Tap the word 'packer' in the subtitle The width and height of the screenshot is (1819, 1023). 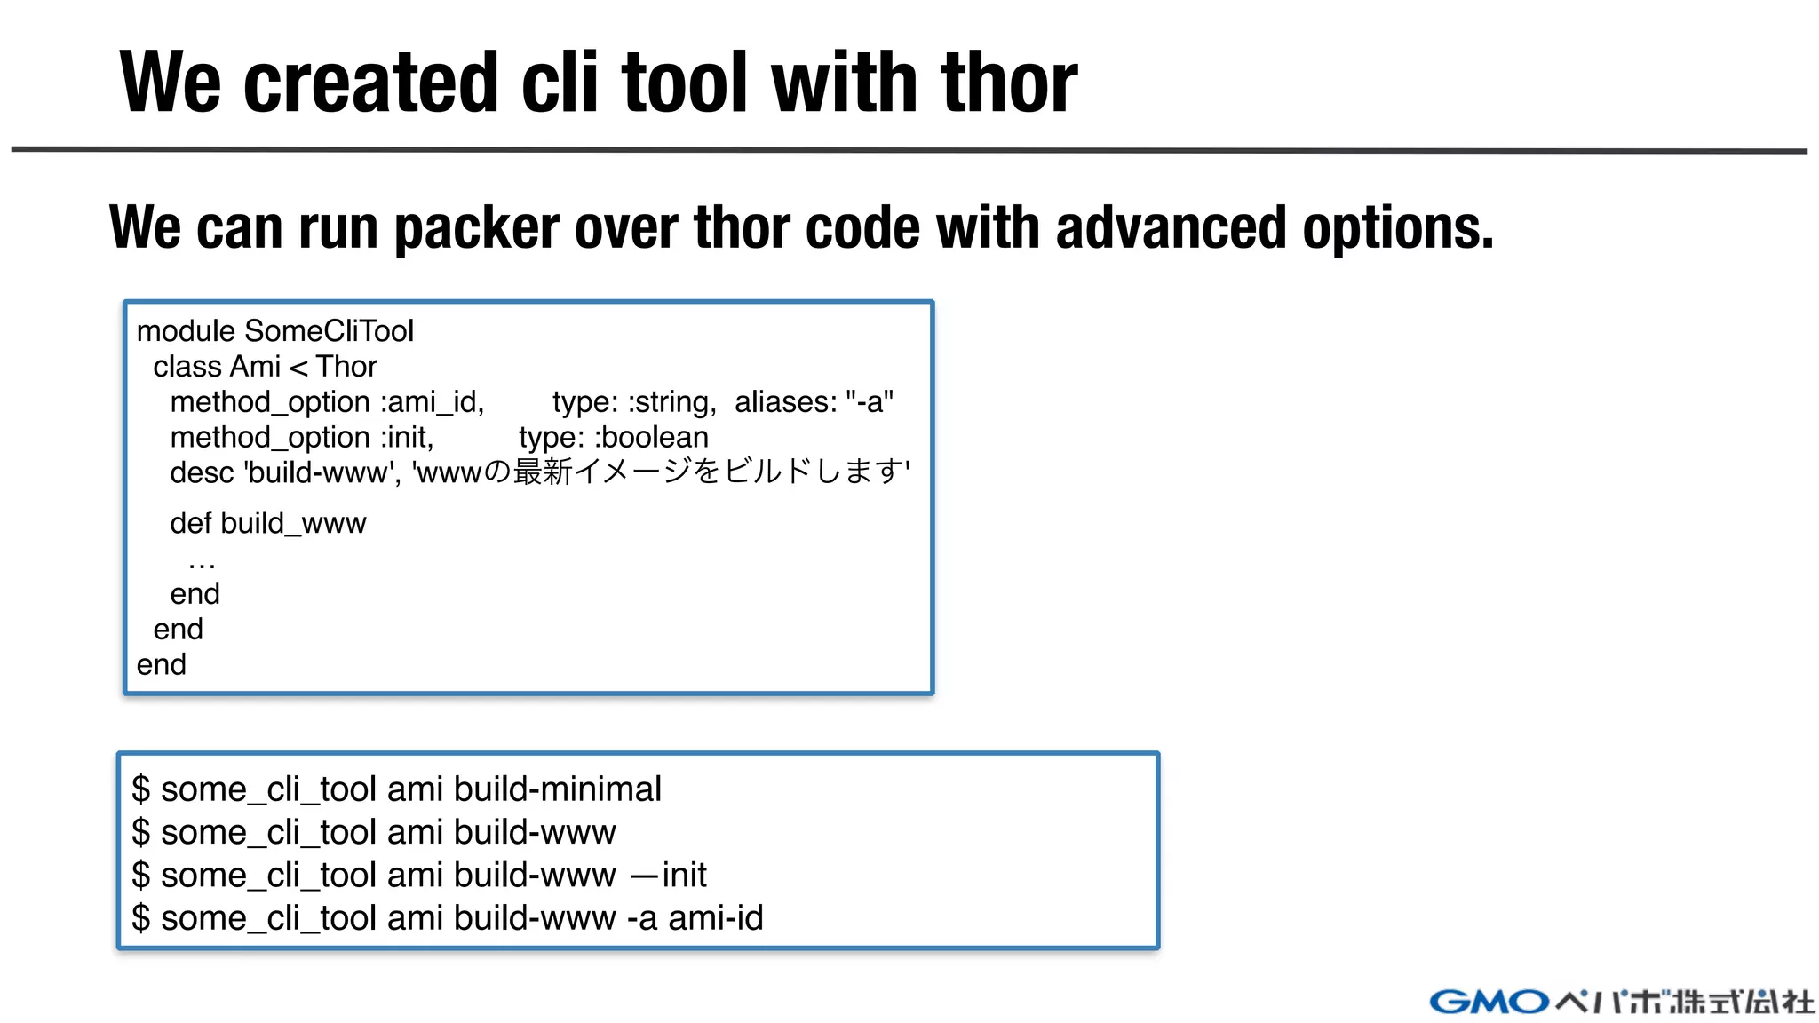[x=476, y=228]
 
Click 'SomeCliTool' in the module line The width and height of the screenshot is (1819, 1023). [x=329, y=331]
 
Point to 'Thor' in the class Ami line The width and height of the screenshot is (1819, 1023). [x=346, y=367]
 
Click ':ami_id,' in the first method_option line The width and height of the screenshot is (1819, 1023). [x=433, y=402]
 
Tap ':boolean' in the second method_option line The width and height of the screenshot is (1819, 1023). [x=651, y=438]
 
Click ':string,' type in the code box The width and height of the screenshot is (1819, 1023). [x=672, y=402]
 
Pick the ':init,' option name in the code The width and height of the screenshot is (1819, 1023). [x=407, y=438]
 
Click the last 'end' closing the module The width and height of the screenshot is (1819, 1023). [x=161, y=664]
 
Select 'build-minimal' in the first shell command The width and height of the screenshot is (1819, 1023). [x=557, y=789]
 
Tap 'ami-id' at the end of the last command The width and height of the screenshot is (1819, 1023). [x=715, y=917]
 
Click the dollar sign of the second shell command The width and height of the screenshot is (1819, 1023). [x=140, y=832]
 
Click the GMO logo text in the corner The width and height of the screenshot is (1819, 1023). [x=1489, y=1002]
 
